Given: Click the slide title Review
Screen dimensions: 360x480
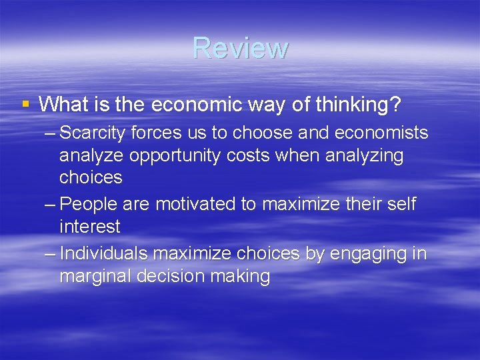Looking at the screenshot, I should [x=240, y=48].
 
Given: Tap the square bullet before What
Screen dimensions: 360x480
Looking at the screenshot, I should [x=25, y=104].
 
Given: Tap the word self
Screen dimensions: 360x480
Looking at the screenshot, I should [x=401, y=204].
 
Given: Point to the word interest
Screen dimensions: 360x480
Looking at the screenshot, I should [x=90, y=227].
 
